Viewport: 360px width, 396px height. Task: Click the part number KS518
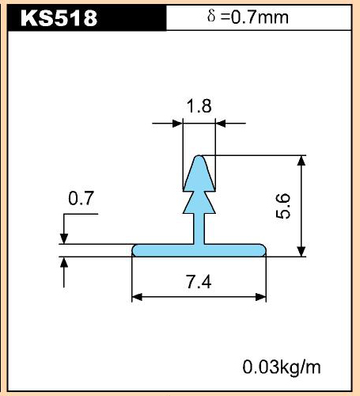coord(59,18)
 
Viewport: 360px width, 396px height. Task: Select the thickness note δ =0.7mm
coord(248,17)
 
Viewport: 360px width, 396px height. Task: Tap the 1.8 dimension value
coord(199,106)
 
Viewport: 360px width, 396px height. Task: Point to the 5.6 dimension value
coord(282,206)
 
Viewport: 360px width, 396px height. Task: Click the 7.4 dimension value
coord(199,282)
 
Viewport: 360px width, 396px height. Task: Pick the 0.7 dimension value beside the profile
coord(81,199)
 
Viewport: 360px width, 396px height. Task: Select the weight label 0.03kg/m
coord(282,367)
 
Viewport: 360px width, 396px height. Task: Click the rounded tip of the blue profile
coord(199,158)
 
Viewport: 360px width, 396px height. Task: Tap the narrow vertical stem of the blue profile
coord(199,229)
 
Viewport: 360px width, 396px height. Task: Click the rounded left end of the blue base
coord(135,250)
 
